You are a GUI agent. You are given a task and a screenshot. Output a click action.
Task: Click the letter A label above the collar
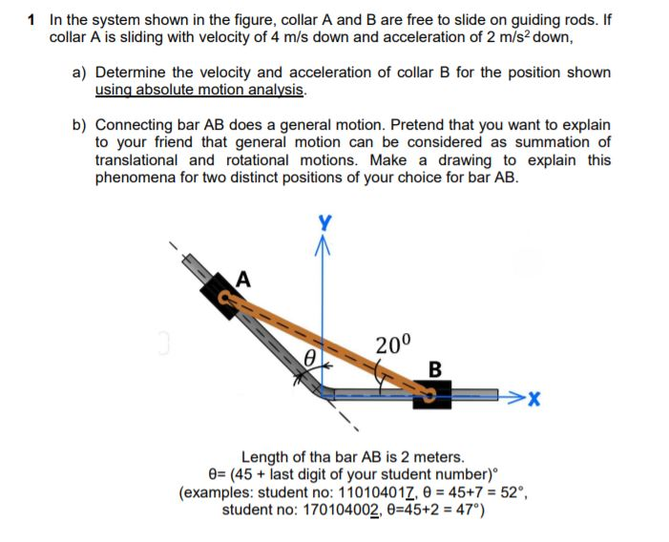(x=243, y=279)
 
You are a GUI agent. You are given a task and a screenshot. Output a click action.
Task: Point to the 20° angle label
(x=392, y=344)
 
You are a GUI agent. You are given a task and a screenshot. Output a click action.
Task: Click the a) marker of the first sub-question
(x=80, y=73)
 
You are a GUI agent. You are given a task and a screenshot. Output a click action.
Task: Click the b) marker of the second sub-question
(x=80, y=125)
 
